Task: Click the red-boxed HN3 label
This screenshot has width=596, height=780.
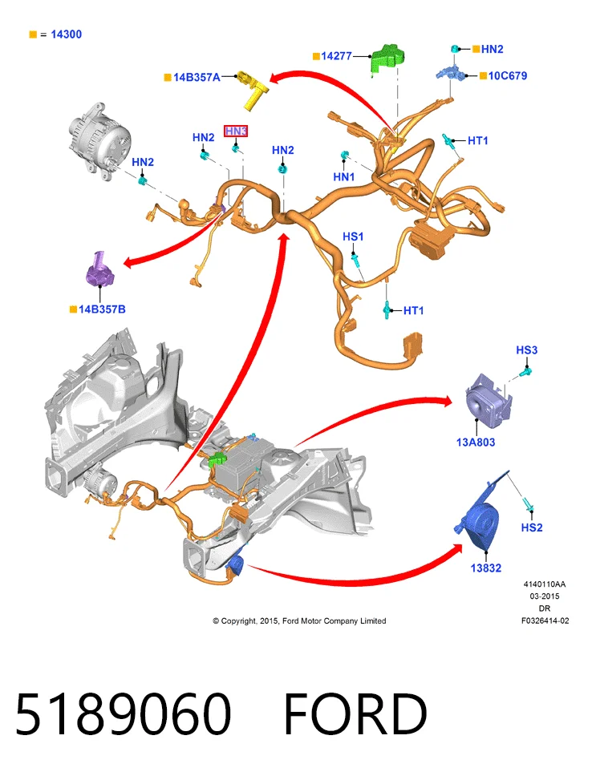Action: click(x=236, y=131)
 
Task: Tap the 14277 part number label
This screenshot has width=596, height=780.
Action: click(x=337, y=56)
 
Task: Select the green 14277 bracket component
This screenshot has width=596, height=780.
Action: click(x=387, y=59)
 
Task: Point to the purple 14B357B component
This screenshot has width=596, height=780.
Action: click(x=99, y=269)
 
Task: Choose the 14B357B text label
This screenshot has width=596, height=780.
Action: click(x=102, y=309)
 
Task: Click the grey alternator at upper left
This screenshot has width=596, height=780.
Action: click(x=99, y=140)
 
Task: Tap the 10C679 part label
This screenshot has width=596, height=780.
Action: click(x=508, y=75)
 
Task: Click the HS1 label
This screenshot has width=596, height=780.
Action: click(x=353, y=236)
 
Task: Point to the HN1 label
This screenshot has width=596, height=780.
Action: click(x=344, y=176)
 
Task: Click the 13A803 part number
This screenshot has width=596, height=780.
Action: click(x=476, y=443)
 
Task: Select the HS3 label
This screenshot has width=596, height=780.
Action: click(x=527, y=350)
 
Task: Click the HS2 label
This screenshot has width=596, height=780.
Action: click(x=532, y=527)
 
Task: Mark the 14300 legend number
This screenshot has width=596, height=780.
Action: click(x=67, y=34)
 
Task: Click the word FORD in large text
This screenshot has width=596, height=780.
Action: click(x=355, y=714)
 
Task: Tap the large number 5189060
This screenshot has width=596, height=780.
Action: click(x=124, y=714)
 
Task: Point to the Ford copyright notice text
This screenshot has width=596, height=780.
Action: click(x=299, y=620)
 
